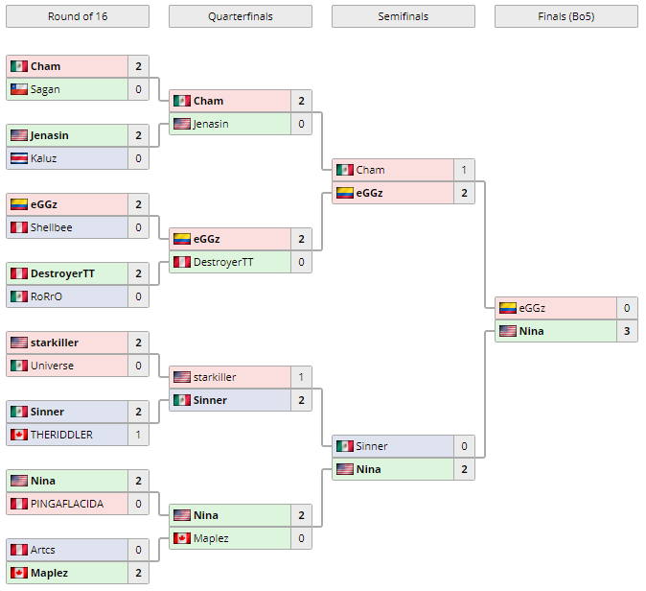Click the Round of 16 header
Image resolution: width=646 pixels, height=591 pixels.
(77, 16)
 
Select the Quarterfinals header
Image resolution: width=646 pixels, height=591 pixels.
(240, 16)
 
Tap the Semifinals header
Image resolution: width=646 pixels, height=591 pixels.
(403, 16)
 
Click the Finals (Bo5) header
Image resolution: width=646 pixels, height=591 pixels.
(565, 16)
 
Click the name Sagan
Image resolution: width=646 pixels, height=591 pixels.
(45, 89)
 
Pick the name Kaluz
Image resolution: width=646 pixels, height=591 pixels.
(44, 158)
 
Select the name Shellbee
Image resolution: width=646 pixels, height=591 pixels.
(51, 227)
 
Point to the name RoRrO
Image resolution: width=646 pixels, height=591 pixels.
(46, 296)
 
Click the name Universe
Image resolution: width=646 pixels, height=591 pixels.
(51, 366)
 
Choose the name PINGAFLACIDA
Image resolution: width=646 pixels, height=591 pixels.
(66, 504)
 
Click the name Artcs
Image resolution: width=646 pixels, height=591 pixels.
(43, 550)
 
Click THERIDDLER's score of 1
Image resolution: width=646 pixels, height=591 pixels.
(138, 435)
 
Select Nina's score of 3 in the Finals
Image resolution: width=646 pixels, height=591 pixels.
(627, 331)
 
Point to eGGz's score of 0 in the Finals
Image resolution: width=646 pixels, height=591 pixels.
(627, 308)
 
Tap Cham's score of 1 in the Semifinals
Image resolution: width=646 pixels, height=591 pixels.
(464, 170)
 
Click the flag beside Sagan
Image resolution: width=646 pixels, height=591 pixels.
(19, 89)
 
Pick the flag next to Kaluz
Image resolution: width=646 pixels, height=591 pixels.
(19, 158)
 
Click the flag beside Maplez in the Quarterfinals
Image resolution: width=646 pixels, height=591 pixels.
(182, 538)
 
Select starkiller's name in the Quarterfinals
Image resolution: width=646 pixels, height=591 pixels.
(215, 377)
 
